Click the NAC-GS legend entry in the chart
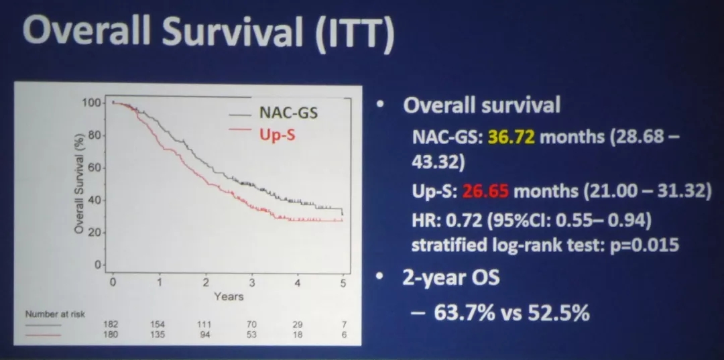click(x=288, y=112)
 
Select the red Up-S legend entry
click(x=277, y=135)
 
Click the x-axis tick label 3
click(x=251, y=282)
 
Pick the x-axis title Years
click(x=228, y=296)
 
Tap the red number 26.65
click(x=485, y=192)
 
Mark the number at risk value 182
click(x=111, y=324)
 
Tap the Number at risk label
click(x=56, y=314)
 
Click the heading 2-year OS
click(x=452, y=276)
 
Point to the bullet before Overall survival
click(x=381, y=105)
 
